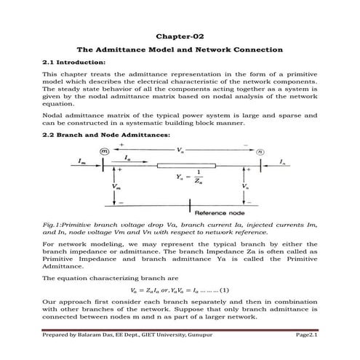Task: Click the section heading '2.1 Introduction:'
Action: pos(71,63)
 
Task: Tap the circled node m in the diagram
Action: pos(103,151)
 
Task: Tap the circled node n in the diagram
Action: pos(259,151)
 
